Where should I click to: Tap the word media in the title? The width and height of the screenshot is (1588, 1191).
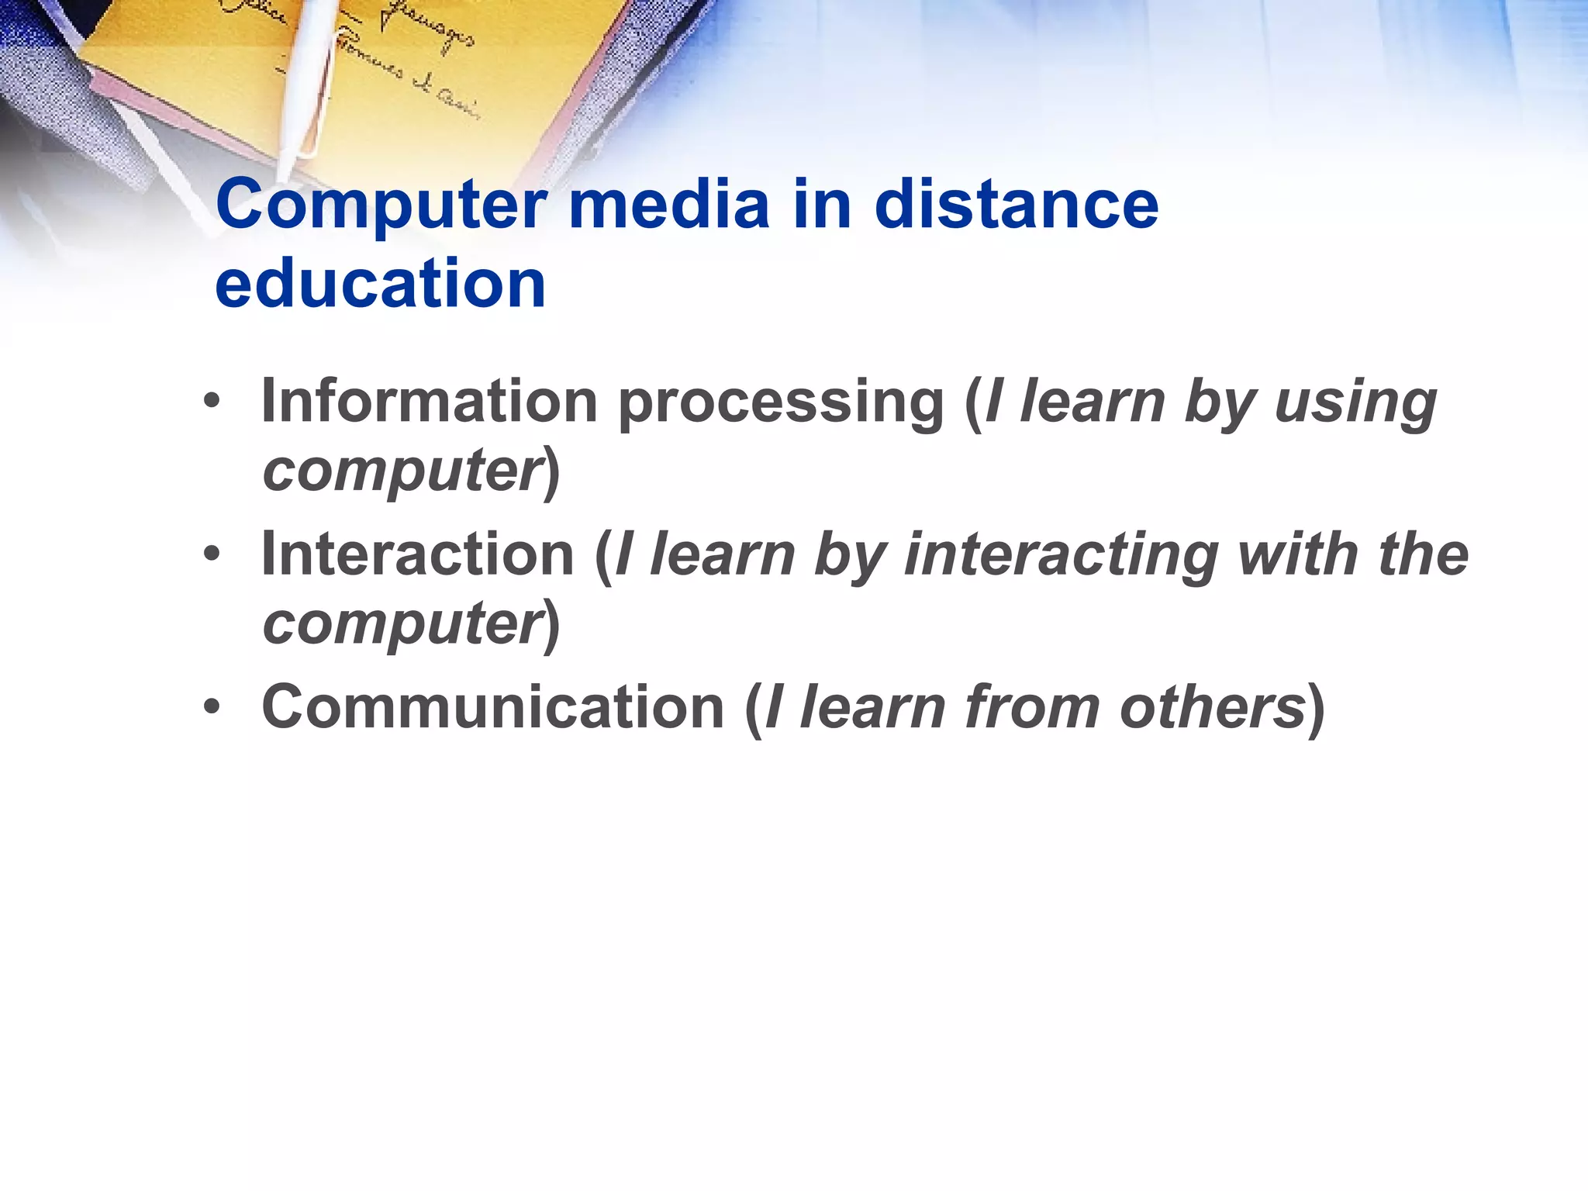[x=669, y=205]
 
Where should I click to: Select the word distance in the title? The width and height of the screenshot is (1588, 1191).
[x=1016, y=205]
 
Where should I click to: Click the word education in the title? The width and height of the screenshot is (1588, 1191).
[x=380, y=284]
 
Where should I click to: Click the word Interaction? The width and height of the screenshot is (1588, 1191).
[x=417, y=554]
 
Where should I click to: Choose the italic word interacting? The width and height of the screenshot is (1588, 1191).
[x=1062, y=555]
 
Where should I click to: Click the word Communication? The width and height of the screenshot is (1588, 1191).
[x=493, y=706]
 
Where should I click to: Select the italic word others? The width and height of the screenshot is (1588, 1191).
[x=1213, y=706]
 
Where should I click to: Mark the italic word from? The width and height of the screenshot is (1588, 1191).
[x=1032, y=706]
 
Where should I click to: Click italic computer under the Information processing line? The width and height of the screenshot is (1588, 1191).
[x=402, y=470]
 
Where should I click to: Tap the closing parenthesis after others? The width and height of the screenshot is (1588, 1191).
[x=1316, y=708]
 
